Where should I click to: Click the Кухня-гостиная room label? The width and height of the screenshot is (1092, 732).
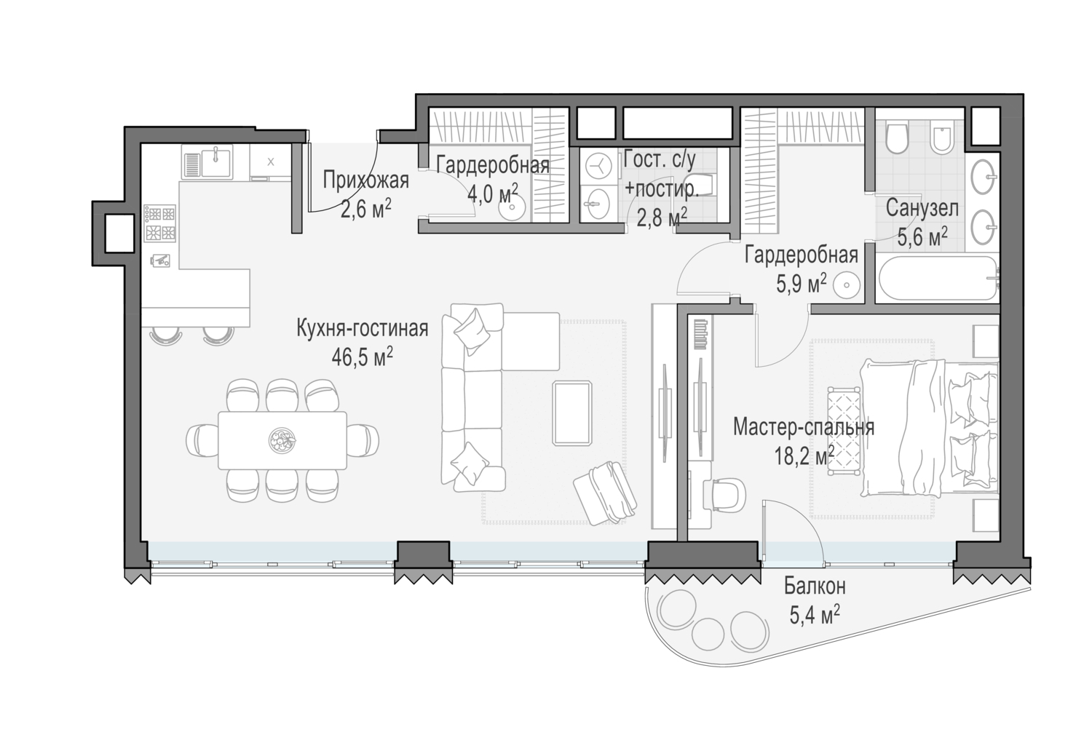(363, 328)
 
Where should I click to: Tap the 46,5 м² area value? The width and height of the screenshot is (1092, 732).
(363, 358)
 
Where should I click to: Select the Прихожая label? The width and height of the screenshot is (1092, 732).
(365, 180)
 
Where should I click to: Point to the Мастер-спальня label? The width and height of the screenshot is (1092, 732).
(804, 427)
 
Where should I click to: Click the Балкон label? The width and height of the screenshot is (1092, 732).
(815, 586)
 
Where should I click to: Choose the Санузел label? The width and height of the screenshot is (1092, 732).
(922, 208)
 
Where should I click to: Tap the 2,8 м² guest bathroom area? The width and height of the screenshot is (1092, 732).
(662, 217)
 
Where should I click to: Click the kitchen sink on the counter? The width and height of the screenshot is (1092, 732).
(207, 162)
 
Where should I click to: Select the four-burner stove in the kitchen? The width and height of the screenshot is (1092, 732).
(160, 223)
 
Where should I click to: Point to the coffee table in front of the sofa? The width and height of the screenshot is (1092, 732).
(571, 413)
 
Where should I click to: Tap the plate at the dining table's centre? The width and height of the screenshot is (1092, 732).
(282, 439)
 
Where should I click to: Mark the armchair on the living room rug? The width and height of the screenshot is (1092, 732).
(605, 492)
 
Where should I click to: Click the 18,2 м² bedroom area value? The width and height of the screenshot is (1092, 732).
(804, 456)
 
